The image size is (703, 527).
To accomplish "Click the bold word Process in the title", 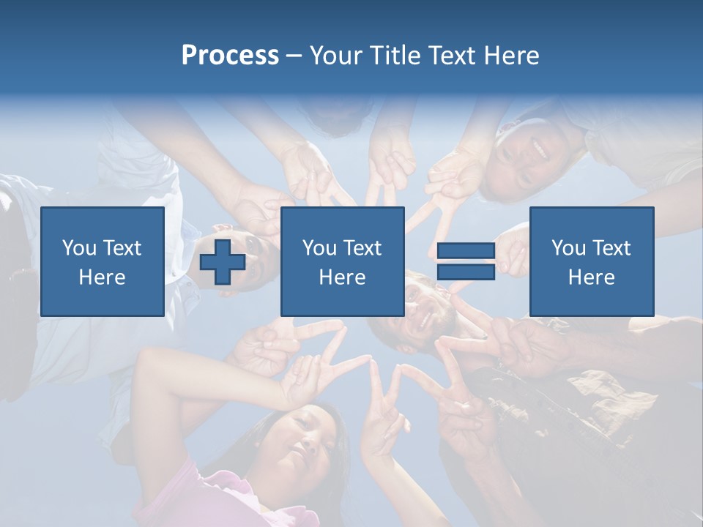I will click(230, 56).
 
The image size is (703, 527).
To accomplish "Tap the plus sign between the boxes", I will click(223, 262).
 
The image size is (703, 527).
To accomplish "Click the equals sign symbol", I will click(466, 262).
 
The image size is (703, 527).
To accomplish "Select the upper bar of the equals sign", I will click(466, 252).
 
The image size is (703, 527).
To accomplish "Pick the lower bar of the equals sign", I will click(466, 272).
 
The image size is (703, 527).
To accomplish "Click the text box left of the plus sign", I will click(103, 261).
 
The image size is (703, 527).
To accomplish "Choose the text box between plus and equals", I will click(342, 261).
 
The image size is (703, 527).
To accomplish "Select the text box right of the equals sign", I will click(591, 261).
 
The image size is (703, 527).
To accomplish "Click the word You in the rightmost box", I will click(568, 248).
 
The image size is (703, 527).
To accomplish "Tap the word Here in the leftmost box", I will click(103, 277).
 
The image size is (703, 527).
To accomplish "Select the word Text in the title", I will click(450, 56).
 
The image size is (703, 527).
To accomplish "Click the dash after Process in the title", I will click(294, 56).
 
